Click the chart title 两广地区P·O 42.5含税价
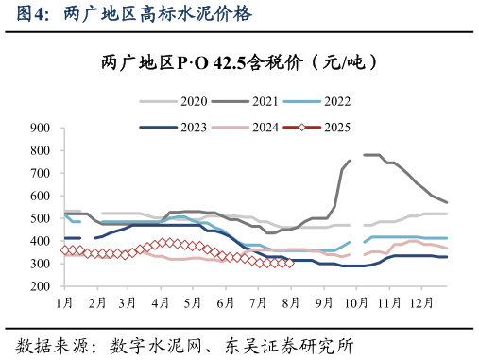239,63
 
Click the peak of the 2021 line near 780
371,155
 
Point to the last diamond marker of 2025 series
290,263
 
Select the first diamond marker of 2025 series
64,250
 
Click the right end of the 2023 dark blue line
447,257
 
